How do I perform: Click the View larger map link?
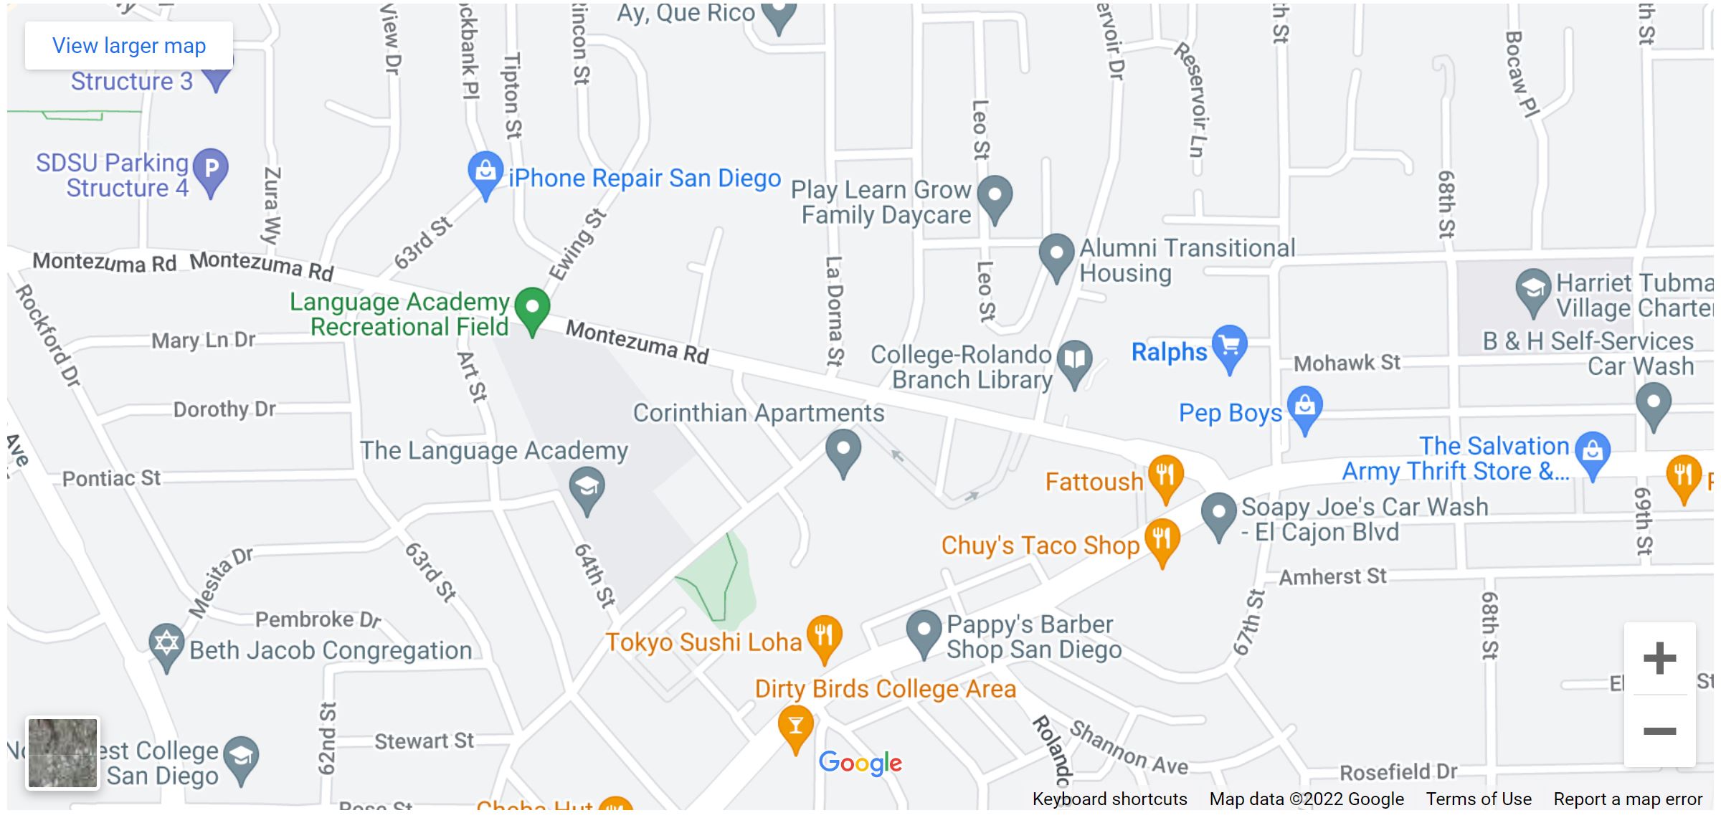[x=129, y=46]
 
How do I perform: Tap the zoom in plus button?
[x=1659, y=659]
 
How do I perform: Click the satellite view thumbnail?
[x=62, y=753]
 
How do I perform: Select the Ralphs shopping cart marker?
[x=1230, y=346]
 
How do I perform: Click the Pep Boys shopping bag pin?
[x=1305, y=406]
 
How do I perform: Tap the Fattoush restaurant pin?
[x=1165, y=475]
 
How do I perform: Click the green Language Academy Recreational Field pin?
[x=532, y=308]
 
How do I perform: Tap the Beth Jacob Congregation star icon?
[x=166, y=644]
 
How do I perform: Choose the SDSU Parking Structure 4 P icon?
[x=211, y=170]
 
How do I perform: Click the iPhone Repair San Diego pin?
[x=485, y=172]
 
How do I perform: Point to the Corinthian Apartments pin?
[x=843, y=450]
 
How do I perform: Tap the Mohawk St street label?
[x=1347, y=363]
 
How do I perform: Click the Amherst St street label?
[x=1332, y=577]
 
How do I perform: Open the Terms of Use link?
[x=1479, y=799]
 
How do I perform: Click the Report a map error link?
[x=1628, y=799]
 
